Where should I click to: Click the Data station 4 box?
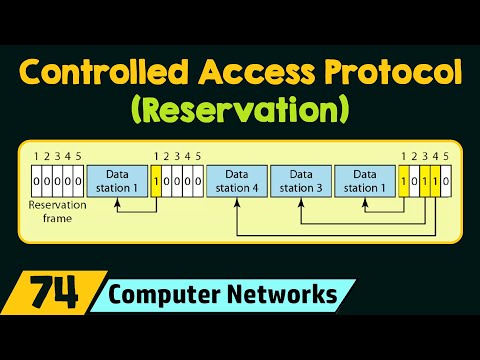pyautogui.click(x=237, y=182)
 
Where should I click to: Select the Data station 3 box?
pyautogui.click(x=300, y=182)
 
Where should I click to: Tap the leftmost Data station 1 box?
pyautogui.click(x=119, y=182)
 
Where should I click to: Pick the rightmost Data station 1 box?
pyautogui.click(x=363, y=182)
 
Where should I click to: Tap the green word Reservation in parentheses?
pyautogui.click(x=240, y=106)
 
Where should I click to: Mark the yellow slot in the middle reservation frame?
pyautogui.click(x=157, y=181)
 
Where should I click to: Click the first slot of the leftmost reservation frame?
pyautogui.click(x=36, y=181)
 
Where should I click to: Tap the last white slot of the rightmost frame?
pyautogui.click(x=446, y=181)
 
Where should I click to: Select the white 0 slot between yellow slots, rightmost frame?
pyautogui.click(x=413, y=181)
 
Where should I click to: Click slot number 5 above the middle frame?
pyautogui.click(x=199, y=156)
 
